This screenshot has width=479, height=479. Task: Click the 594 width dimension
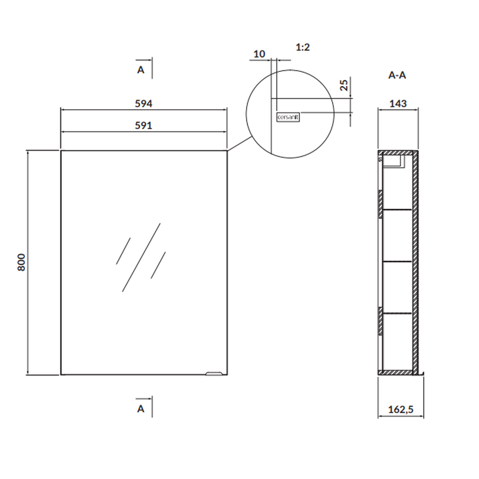[x=144, y=103]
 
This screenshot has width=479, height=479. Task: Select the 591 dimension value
[x=144, y=125]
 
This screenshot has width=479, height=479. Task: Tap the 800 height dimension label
[x=22, y=262]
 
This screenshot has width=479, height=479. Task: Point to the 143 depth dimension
[x=398, y=103]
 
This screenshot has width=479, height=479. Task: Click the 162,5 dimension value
[x=401, y=410]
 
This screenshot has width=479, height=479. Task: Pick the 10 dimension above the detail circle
[x=259, y=54]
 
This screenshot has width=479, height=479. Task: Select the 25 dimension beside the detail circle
[x=344, y=85]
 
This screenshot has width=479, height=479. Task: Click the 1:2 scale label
[x=303, y=47]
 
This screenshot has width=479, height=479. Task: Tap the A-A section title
[x=397, y=75]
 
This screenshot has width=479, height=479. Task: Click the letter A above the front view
[x=140, y=70]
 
